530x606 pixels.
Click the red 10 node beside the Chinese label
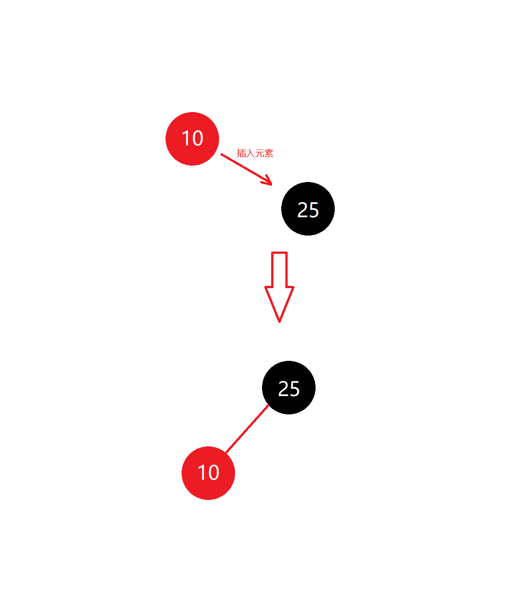[192, 139]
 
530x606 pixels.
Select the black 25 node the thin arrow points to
[308, 209]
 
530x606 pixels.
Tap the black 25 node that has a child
[289, 387]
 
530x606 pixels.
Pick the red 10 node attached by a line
[208, 473]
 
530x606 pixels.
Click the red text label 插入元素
[255, 153]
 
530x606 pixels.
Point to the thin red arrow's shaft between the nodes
[242, 167]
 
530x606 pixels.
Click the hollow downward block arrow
[279, 284]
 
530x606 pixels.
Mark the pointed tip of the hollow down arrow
[279, 320]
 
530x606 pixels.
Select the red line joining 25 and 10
[247, 429]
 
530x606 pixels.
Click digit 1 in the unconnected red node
[186, 138]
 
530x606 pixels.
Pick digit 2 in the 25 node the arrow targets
[302, 210]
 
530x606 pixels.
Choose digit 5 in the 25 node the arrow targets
[314, 210]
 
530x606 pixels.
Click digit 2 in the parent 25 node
[283, 389]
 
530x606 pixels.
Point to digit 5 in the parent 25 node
[294, 389]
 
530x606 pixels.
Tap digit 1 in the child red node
[202, 472]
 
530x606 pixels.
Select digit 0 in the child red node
[213, 472]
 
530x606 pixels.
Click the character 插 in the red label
[241, 153]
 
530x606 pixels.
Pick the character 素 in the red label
[269, 153]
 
